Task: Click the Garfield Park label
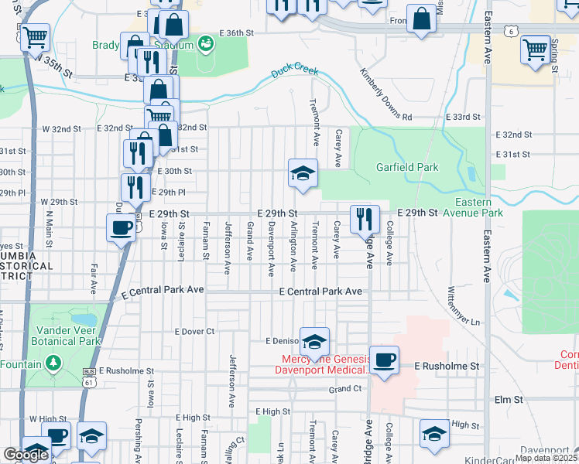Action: point(407,167)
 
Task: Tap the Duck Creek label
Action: point(295,73)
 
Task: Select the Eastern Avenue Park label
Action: point(472,207)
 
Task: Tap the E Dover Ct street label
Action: point(194,331)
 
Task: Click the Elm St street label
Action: point(509,400)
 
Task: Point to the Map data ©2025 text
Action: point(546,458)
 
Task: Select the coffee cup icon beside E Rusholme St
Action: point(384,360)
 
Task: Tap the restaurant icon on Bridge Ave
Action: point(365,220)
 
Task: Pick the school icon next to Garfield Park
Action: point(303,173)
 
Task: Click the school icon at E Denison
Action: point(314,341)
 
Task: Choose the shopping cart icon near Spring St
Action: point(535,50)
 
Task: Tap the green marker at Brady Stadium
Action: point(205,43)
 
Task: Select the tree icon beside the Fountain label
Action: point(53,363)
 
